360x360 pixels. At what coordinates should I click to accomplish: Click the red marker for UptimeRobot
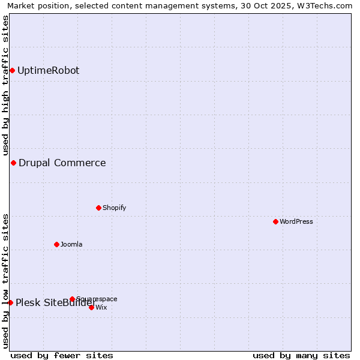tap(12, 71)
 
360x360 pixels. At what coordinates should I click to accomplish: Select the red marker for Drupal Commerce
tap(13, 163)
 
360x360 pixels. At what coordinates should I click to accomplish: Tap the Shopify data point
tap(98, 208)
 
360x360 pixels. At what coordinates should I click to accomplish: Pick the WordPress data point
tap(275, 221)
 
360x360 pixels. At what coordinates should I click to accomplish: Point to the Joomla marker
tap(56, 244)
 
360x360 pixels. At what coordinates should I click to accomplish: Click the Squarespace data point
tap(72, 299)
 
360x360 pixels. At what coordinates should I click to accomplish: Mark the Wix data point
tap(91, 307)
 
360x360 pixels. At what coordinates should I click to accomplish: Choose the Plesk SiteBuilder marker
tap(10, 302)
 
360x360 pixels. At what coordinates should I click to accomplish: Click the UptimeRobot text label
tap(48, 71)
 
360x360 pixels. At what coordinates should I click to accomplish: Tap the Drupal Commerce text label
tap(62, 163)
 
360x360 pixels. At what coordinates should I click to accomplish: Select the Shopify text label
tap(114, 208)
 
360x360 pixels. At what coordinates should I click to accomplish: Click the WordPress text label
tap(296, 221)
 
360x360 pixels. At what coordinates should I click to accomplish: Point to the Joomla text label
tap(71, 244)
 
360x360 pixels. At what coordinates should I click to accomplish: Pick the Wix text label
tap(101, 307)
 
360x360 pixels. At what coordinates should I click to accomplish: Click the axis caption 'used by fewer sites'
tap(62, 355)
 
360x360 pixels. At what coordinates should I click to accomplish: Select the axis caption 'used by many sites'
tap(301, 355)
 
